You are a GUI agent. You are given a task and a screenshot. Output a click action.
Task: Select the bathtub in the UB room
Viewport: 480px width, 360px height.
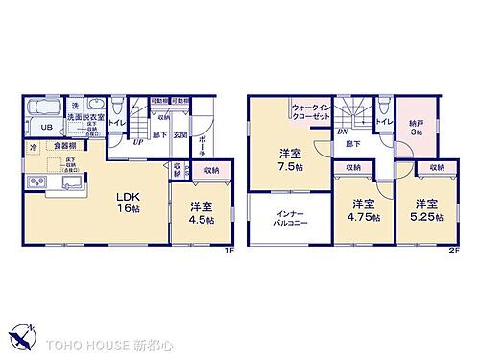[x=45, y=107]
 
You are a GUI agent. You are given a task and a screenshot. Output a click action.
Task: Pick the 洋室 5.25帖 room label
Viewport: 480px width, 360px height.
[x=427, y=209]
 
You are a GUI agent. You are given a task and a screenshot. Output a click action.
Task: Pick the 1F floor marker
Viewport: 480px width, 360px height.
[x=228, y=252]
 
